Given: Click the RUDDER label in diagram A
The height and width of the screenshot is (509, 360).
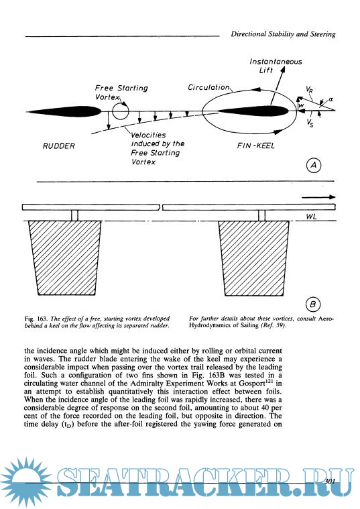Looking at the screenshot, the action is coord(58,146).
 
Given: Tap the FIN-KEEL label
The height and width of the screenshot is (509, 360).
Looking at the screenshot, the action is coord(256,146).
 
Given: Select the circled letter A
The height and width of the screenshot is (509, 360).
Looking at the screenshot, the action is coord(314,165).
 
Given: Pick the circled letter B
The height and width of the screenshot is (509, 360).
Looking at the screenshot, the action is coord(313,304).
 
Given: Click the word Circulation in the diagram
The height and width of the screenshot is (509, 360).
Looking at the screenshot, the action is coord(208,87).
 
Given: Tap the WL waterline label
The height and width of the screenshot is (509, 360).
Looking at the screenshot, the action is coord(311,217).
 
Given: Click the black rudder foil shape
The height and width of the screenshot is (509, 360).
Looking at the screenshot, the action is coord(64,111).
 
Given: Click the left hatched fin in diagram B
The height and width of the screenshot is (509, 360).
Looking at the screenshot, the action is coord(65,258).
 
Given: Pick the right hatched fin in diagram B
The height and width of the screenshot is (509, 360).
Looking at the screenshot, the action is coord(253,258).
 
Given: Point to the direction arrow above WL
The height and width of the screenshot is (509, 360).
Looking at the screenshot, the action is coord(318,197).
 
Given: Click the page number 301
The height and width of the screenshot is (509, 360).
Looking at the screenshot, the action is coord(329,481).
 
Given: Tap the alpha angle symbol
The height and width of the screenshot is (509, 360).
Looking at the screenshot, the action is coord(331,99).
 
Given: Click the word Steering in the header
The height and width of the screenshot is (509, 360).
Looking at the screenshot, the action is coord(322,34).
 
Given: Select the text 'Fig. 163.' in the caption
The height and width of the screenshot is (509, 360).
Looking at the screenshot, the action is coord(36,319).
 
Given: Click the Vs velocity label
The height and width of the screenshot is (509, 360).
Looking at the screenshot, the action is coord(310,123).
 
